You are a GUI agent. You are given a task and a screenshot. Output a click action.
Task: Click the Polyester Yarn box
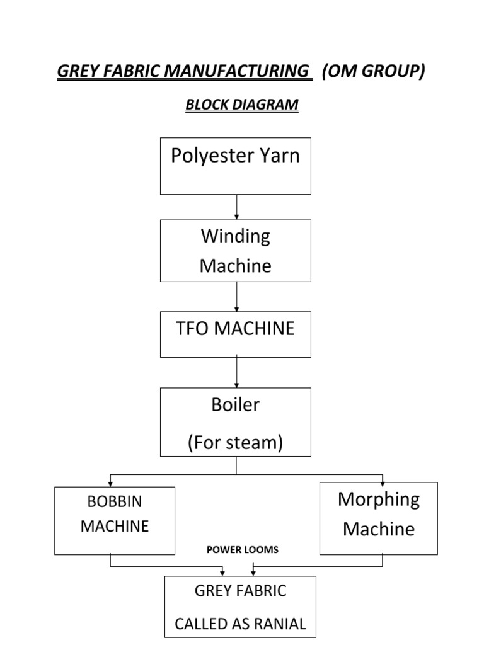[236, 166]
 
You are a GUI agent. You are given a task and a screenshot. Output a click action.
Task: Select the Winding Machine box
[236, 251]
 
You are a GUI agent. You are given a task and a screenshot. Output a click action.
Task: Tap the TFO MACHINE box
[236, 334]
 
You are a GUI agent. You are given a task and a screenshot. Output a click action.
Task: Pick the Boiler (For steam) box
[236, 421]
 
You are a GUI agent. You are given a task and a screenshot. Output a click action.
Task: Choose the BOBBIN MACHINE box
[115, 520]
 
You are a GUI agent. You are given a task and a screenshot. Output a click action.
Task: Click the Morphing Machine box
[378, 518]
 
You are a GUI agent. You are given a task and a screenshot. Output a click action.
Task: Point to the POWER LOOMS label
[243, 550]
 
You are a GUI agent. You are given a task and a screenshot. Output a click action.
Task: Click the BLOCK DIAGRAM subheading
[241, 105]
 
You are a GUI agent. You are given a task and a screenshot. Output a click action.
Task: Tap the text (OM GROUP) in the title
[373, 72]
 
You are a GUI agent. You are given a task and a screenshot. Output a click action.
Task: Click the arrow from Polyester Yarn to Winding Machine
[236, 207]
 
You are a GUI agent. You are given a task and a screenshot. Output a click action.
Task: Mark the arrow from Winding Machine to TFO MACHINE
[236, 296]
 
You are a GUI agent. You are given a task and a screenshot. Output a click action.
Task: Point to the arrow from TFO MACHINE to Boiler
[236, 372]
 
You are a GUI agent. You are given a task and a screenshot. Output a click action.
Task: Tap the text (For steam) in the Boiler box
[235, 443]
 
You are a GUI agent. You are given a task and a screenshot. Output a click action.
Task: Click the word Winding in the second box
[235, 236]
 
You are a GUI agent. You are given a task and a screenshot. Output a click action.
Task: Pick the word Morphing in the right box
[379, 499]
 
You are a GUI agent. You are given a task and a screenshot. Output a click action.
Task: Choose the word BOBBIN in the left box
[115, 502]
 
